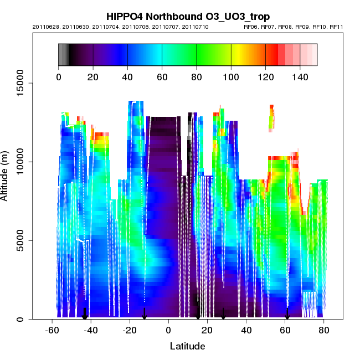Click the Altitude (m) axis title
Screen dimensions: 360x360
pos(7,175)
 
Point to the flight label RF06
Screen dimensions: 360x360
pos(251,27)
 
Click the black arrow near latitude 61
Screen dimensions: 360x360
pos(287,314)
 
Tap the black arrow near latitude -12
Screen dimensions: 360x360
pos(144,314)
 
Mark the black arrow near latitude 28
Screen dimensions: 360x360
pos(223,314)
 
